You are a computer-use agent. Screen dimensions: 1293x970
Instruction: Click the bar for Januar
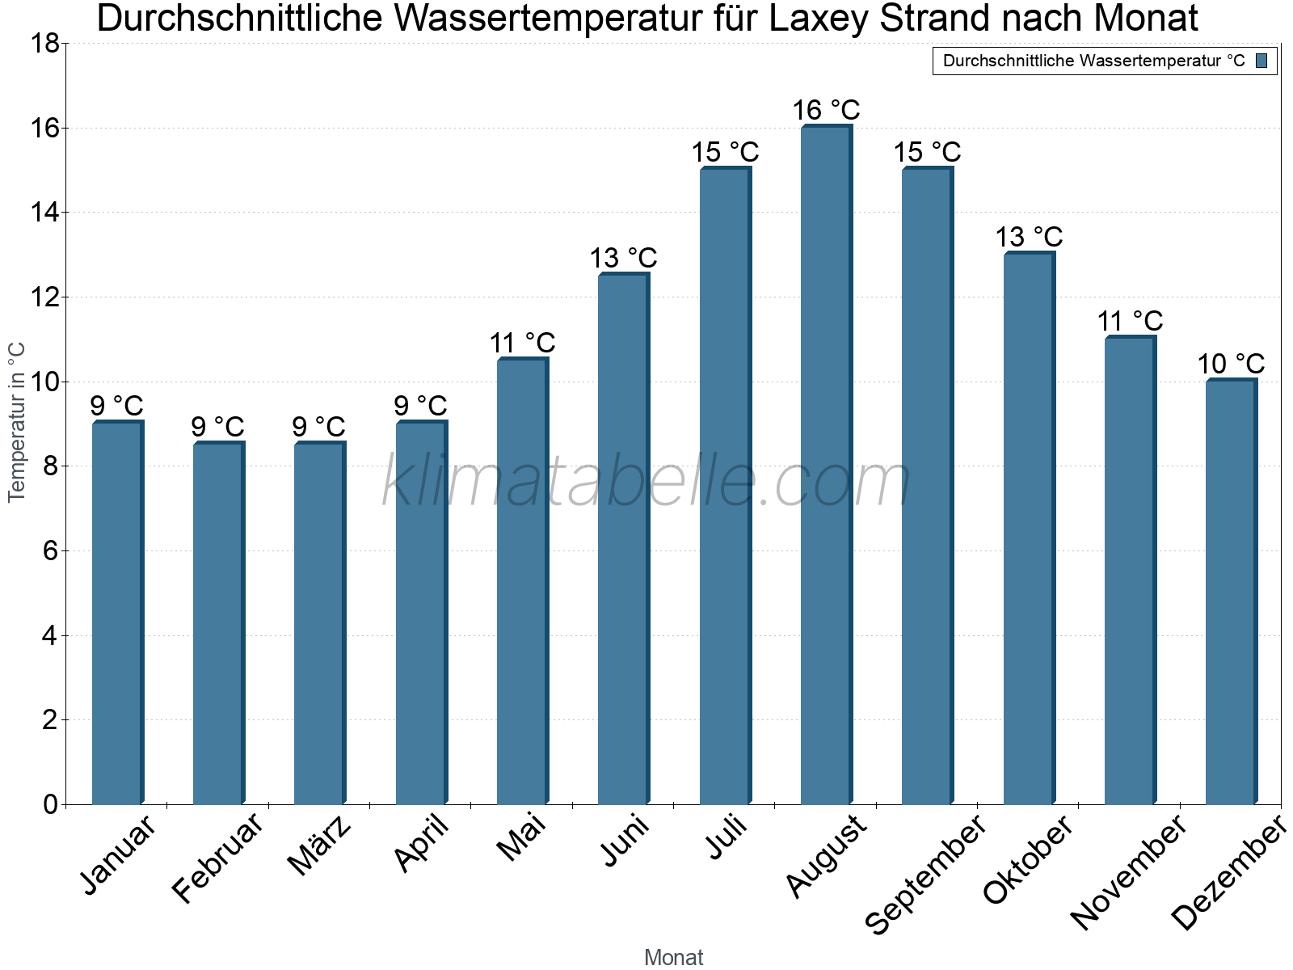[118, 613]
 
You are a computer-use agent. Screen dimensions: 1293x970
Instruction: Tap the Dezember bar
[1231, 592]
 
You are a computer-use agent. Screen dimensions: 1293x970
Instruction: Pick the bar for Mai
[523, 580]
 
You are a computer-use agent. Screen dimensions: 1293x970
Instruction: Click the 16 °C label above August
[826, 110]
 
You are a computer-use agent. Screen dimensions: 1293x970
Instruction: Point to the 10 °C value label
[1231, 364]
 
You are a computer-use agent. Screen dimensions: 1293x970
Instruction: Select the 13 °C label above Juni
[623, 258]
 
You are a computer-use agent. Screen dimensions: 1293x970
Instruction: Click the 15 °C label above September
[927, 153]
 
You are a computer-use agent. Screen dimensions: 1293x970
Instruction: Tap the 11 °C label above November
[1130, 322]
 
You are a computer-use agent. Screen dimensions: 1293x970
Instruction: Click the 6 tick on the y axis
[51, 551]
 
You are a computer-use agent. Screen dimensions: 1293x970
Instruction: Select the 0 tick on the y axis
[51, 804]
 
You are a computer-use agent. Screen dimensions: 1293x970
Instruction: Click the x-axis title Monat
[674, 957]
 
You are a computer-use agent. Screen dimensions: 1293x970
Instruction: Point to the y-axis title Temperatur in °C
[16, 422]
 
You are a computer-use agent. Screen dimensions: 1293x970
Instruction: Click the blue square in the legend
[1261, 61]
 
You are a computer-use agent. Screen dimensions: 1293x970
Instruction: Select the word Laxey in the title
[818, 19]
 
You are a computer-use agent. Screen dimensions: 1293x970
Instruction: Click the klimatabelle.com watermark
[646, 480]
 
